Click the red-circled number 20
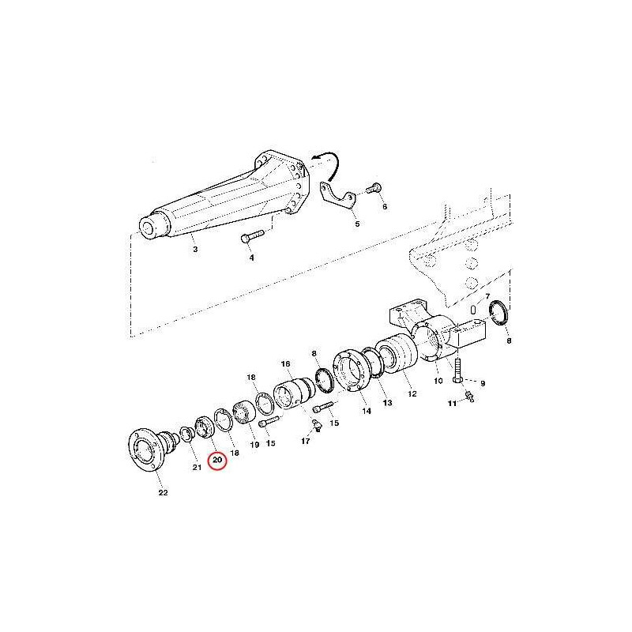point(217,460)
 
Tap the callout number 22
point(163,492)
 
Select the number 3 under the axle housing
point(195,249)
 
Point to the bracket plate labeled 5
point(337,196)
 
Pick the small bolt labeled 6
point(374,188)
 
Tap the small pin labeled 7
point(474,309)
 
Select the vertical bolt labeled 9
point(457,371)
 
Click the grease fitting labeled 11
point(468,397)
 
